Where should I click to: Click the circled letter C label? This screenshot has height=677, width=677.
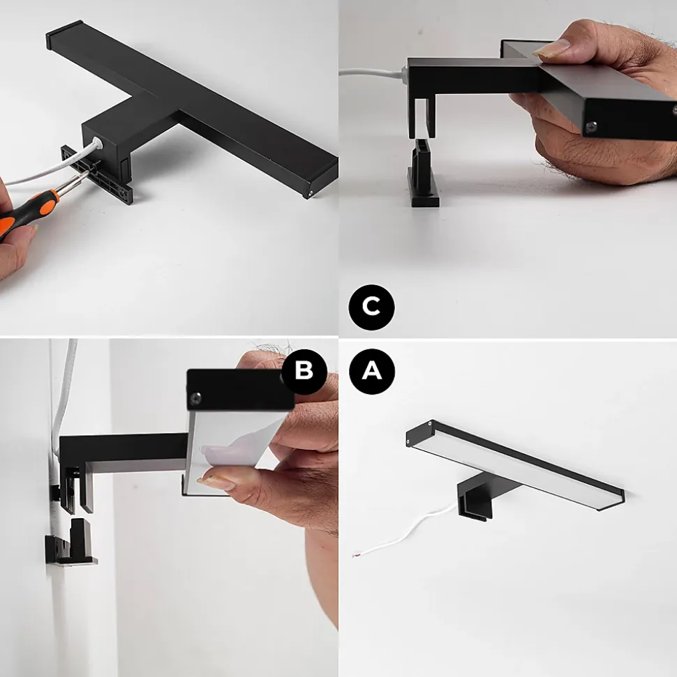371,307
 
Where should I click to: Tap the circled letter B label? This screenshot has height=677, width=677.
304,371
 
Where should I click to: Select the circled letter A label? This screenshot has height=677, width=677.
371,371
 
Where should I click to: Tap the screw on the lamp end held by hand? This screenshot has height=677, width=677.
590,126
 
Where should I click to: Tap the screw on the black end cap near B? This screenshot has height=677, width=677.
197,397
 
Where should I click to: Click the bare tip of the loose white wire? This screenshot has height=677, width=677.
356,555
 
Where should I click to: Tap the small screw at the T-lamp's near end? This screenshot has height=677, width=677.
311,194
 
